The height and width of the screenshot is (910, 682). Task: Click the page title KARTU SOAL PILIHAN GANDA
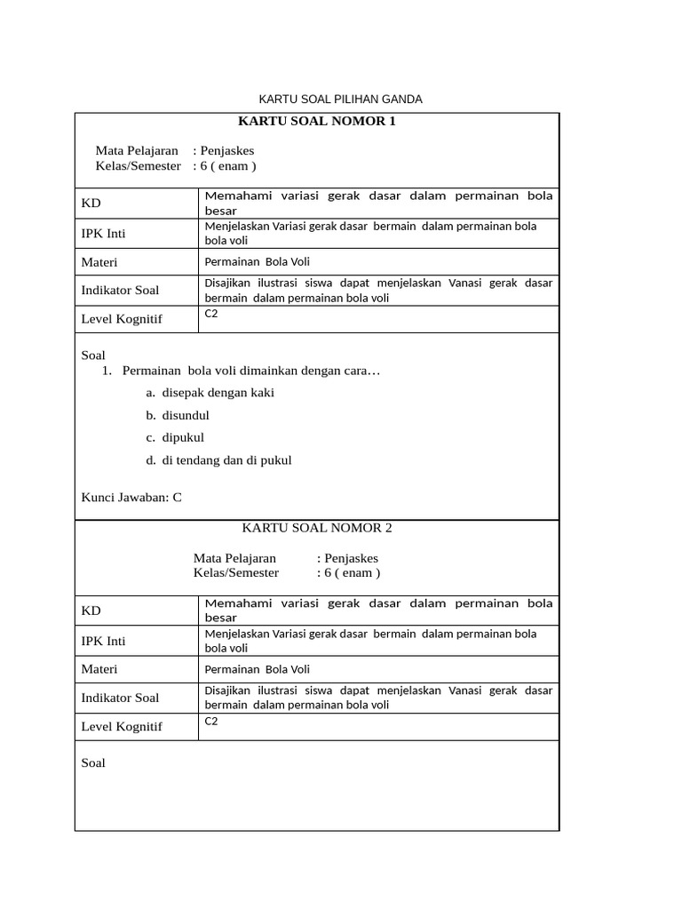point(340,99)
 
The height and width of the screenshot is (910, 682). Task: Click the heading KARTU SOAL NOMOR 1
point(317,121)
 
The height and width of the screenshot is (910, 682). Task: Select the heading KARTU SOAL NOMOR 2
point(317,528)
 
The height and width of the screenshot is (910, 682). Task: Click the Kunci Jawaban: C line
point(131,497)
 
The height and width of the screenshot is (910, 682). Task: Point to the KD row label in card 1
point(91,204)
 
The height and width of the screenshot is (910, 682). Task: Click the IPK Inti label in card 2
point(103,641)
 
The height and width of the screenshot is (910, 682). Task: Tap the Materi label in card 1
point(99,262)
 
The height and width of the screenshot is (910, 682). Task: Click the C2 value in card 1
point(211,314)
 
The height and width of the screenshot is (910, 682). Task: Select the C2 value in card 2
point(211,721)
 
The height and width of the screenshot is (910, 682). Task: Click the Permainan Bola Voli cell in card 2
point(257,669)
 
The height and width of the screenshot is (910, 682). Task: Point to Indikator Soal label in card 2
point(120,698)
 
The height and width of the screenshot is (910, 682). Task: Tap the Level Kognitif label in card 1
point(122,319)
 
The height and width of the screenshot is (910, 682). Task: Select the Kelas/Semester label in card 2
point(236,573)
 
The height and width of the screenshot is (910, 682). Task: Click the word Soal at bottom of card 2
point(93,762)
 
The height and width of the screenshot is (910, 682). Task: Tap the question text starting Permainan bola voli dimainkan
point(251,370)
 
